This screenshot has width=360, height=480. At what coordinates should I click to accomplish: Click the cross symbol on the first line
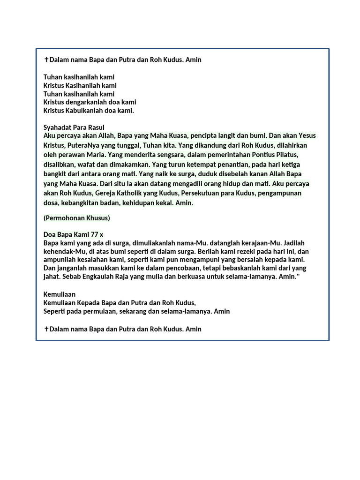click(x=46, y=60)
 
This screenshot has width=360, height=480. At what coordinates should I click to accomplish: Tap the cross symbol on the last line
click(x=46, y=329)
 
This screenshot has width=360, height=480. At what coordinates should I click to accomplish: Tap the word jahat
click(x=52, y=277)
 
